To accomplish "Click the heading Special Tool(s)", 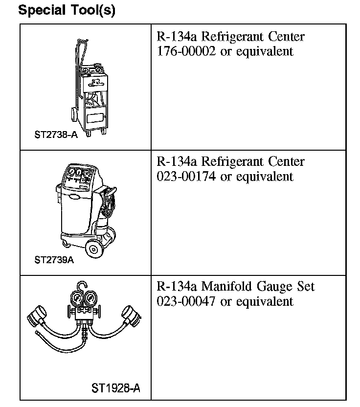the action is click(x=67, y=10).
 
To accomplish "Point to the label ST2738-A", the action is click(x=56, y=135).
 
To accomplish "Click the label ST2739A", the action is click(x=54, y=260).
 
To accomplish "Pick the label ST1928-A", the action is click(x=116, y=388).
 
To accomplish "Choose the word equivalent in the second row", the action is click(x=265, y=176).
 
